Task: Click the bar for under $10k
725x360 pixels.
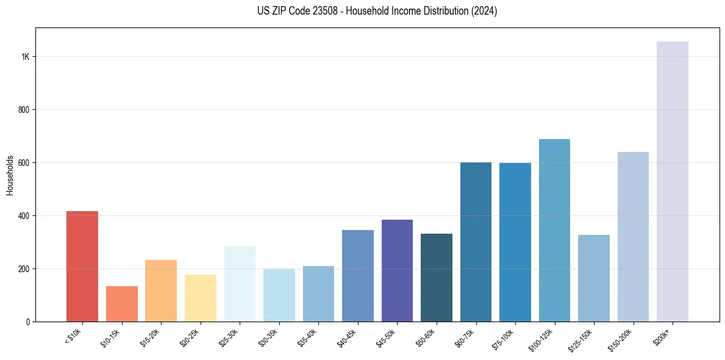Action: [x=82, y=267]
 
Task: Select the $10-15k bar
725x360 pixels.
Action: [x=121, y=304]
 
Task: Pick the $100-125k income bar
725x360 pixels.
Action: [x=554, y=231]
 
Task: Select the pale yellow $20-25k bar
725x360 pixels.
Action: [x=201, y=298]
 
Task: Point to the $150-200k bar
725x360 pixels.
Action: [x=633, y=237]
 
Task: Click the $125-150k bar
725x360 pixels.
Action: [x=594, y=278]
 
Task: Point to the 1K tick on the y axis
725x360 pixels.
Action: [x=26, y=57]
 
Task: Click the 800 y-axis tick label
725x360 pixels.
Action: [x=24, y=110]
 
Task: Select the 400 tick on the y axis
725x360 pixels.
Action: [x=24, y=216]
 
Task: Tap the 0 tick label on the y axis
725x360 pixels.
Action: [x=28, y=322]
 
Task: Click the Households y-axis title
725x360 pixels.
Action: [x=10, y=175]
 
